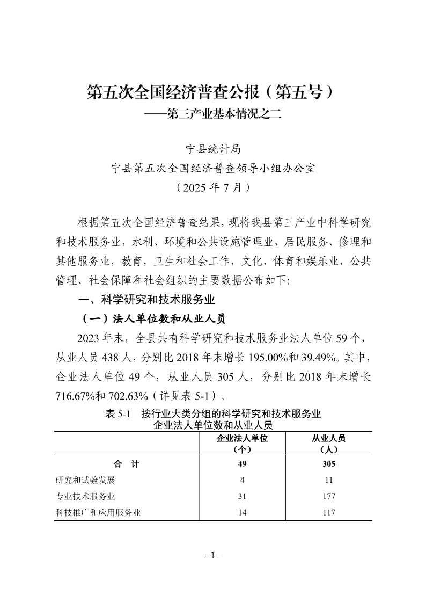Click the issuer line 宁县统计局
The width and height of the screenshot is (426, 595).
pyautogui.click(x=212, y=149)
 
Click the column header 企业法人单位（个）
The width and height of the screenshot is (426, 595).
pyautogui.click(x=243, y=443)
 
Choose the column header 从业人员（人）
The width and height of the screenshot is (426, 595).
pyautogui.click(x=329, y=443)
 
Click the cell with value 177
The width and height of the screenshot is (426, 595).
pyautogui.click(x=329, y=496)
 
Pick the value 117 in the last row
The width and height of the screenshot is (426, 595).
pyautogui.click(x=329, y=512)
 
